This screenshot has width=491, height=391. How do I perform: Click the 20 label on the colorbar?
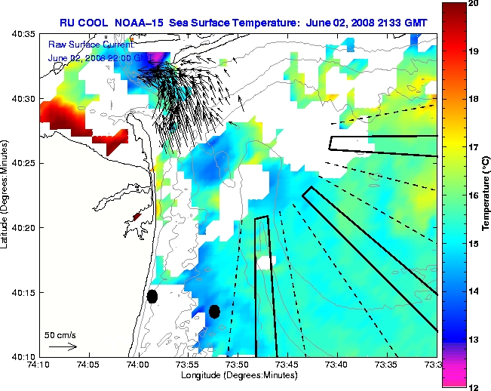pyautogui.click(x=473, y=5)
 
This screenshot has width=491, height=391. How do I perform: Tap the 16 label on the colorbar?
pyautogui.click(x=473, y=195)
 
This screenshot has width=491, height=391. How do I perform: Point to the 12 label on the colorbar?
pyautogui.click(x=473, y=386)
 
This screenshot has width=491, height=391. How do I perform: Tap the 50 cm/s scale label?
pyautogui.click(x=60, y=334)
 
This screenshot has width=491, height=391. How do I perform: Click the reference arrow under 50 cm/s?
pyautogui.click(x=63, y=346)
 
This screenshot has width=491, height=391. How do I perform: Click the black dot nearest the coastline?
pyautogui.click(x=152, y=296)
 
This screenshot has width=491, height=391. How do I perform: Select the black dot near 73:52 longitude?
pyautogui.click(x=214, y=311)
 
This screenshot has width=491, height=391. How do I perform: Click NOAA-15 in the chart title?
pyautogui.click(x=143, y=23)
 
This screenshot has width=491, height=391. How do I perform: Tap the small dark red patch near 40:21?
pyautogui.click(x=137, y=217)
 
